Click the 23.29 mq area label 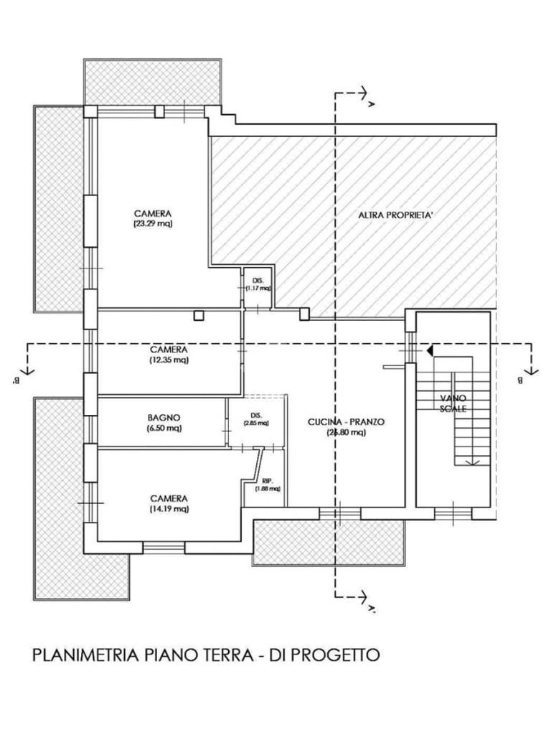pos(153,223)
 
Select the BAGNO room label pos(164,417)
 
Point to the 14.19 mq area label pos(169,509)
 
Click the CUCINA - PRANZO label pos(346,422)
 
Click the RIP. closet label pos(266,481)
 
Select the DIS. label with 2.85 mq pos(255,415)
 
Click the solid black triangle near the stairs pos(429,351)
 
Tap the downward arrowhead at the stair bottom pos(471,463)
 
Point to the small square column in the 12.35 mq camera pos(199,314)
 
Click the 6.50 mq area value pos(164,429)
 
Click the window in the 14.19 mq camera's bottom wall pos(164,546)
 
